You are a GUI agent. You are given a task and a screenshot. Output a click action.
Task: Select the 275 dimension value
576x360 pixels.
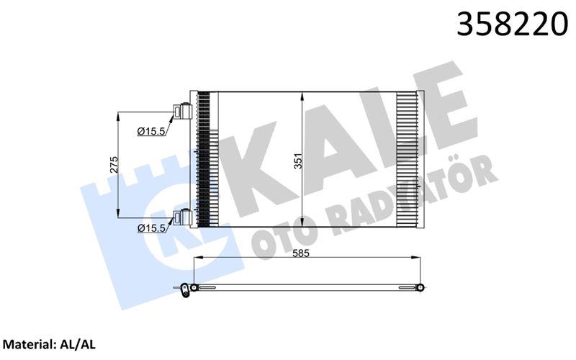tap(113, 165)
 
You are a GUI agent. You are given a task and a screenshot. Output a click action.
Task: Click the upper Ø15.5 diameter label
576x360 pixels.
tap(152, 131)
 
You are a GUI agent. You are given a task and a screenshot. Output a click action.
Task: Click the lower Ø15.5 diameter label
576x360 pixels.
tap(152, 228)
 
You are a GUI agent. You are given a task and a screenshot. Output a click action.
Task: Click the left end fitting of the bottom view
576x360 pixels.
tap(188, 289)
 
